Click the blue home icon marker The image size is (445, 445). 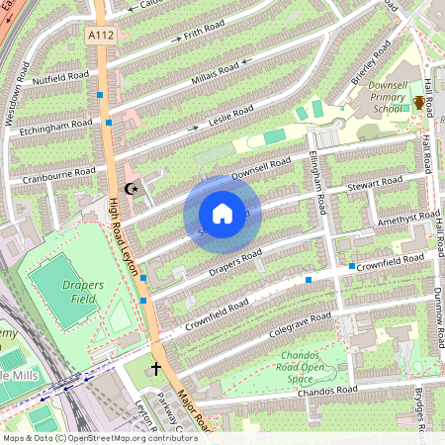(x=222, y=214)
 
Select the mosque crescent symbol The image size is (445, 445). (x=132, y=189)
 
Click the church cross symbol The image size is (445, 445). (x=155, y=369)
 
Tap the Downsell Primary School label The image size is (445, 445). (x=379, y=99)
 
